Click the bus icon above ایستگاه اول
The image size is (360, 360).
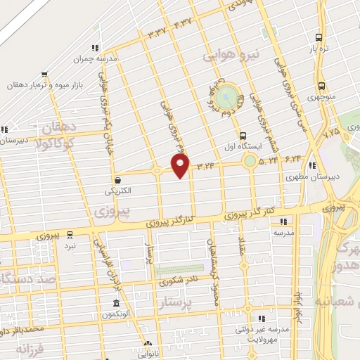[243, 136]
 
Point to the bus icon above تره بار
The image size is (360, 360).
[319, 37]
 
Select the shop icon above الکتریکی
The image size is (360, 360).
[117, 179]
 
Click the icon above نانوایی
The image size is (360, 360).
[147, 345]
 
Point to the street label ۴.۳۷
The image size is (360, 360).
[181, 22]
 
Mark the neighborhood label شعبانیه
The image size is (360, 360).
[337, 302]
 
